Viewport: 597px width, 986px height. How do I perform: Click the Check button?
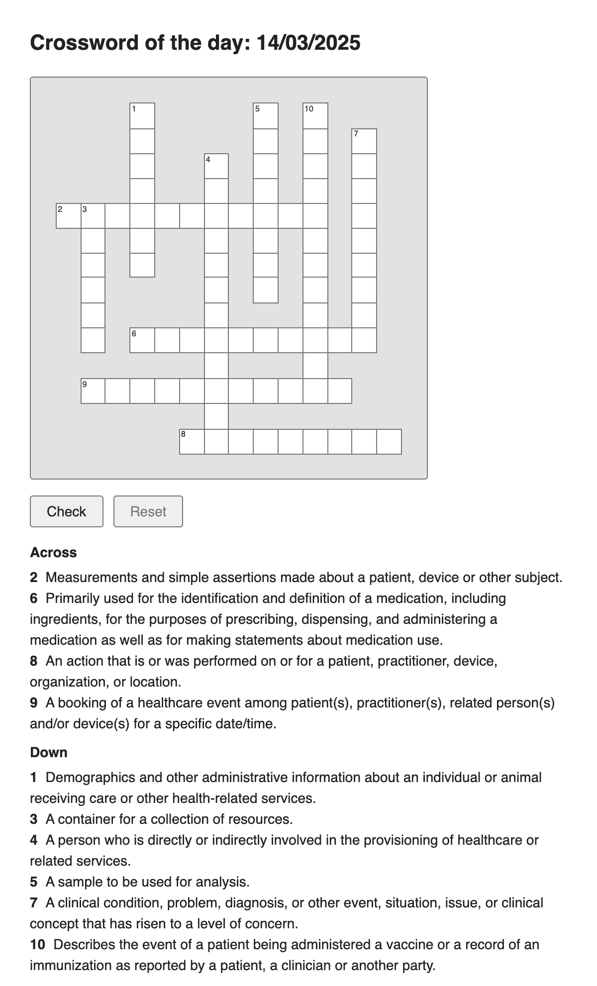pyautogui.click(x=67, y=511)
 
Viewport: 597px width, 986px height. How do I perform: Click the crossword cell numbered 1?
pyautogui.click(x=142, y=116)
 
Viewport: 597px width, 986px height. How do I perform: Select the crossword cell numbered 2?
pyautogui.click(x=69, y=216)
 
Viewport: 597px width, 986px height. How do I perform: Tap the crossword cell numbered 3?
pyautogui.click(x=93, y=216)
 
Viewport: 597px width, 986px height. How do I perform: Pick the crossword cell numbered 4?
pyautogui.click(x=216, y=166)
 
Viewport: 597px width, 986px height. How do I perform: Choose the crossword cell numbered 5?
pyautogui.click(x=266, y=116)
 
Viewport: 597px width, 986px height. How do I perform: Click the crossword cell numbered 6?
pyautogui.click(x=142, y=340)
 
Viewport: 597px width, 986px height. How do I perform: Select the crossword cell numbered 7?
pyautogui.click(x=364, y=141)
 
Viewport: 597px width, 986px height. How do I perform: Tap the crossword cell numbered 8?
pyautogui.click(x=192, y=442)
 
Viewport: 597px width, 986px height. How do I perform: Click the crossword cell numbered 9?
pyautogui.click(x=93, y=391)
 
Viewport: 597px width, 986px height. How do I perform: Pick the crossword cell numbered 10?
pyautogui.click(x=315, y=116)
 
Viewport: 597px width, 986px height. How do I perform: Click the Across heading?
pyautogui.click(x=53, y=553)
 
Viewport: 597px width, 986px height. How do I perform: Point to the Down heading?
pyautogui.click(x=49, y=752)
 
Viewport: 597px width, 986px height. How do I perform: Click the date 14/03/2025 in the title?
pyautogui.click(x=308, y=43)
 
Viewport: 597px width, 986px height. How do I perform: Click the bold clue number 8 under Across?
pyautogui.click(x=34, y=661)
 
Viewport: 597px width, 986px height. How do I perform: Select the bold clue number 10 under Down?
pyautogui.click(x=37, y=944)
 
